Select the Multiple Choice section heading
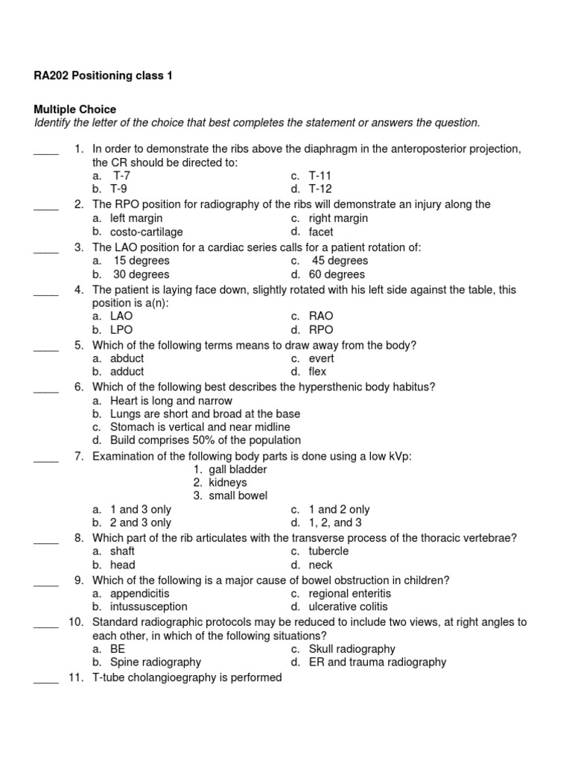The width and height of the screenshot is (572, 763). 75,110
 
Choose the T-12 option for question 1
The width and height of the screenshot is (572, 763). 320,189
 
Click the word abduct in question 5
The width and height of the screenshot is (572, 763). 127,358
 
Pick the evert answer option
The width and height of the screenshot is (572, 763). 322,358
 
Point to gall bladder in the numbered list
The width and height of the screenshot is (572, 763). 238,469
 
